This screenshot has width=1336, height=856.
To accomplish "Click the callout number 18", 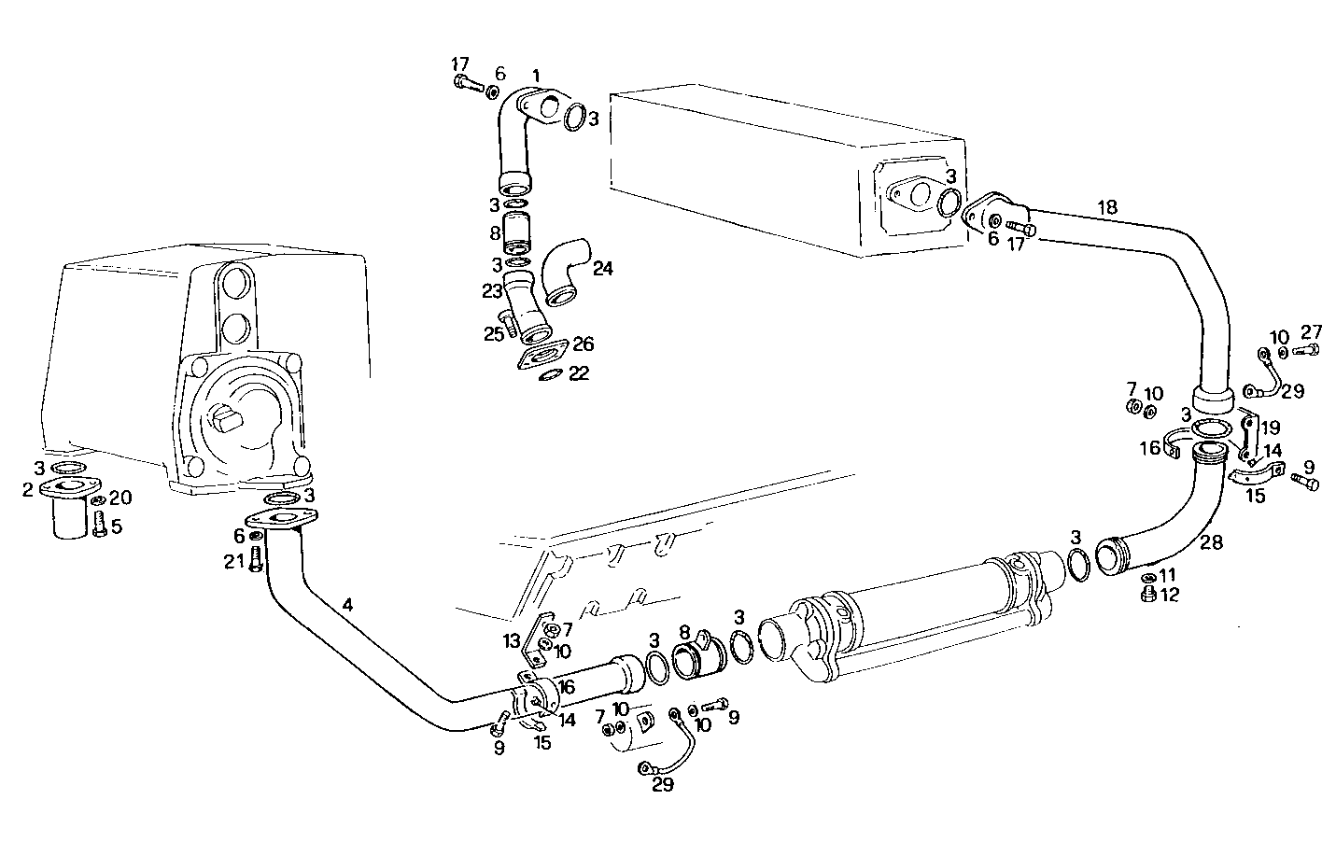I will [x=1106, y=207].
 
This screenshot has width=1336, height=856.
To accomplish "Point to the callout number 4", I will [x=347, y=605].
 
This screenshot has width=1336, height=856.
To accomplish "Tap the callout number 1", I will [x=536, y=75].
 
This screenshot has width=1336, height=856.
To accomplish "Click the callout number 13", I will [x=511, y=639].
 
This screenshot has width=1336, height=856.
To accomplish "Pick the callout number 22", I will [x=579, y=373].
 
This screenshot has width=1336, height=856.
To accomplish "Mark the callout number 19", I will [x=1271, y=428].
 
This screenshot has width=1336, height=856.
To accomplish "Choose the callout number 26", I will [x=584, y=344].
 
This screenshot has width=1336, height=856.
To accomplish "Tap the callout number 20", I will [x=120, y=497].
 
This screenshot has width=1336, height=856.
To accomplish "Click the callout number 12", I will [x=1170, y=594].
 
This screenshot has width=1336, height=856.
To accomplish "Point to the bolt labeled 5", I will [x=99, y=525].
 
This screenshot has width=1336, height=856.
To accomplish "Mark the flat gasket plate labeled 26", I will [x=544, y=358].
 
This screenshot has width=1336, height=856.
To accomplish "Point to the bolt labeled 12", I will [x=1148, y=595].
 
